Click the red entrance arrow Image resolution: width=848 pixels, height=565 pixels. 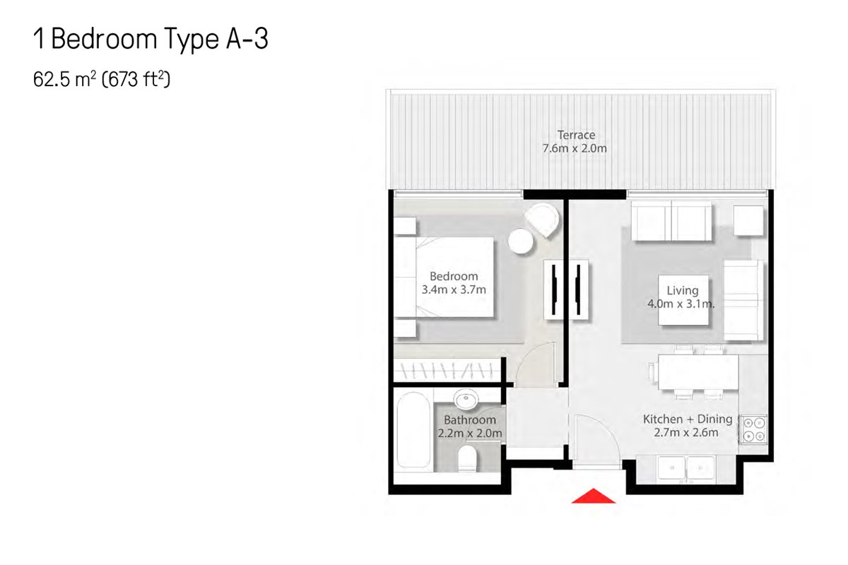coord(593,496)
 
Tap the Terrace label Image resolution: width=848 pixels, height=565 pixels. coord(576,135)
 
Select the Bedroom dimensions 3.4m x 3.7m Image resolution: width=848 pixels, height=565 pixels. coord(454,290)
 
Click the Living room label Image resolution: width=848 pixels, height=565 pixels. coord(682,291)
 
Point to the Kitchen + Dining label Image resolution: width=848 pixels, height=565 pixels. coord(688,419)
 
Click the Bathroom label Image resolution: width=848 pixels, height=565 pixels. coord(470,420)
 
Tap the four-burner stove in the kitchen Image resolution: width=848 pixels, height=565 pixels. coord(753,429)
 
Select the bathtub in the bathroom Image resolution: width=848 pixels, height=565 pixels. coord(413,430)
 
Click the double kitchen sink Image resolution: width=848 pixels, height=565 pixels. coord(686,468)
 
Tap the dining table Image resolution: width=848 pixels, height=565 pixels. coord(698,371)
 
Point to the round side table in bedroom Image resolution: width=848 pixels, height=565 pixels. coord(521,241)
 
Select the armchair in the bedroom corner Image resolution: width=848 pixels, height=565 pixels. coord(542,220)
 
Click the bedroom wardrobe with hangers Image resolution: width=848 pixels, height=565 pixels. coord(447,370)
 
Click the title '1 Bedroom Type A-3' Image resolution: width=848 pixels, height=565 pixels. coord(151,39)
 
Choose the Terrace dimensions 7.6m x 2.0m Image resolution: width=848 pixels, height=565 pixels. coord(575,148)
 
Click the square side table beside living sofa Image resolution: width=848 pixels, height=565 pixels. coord(748,220)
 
